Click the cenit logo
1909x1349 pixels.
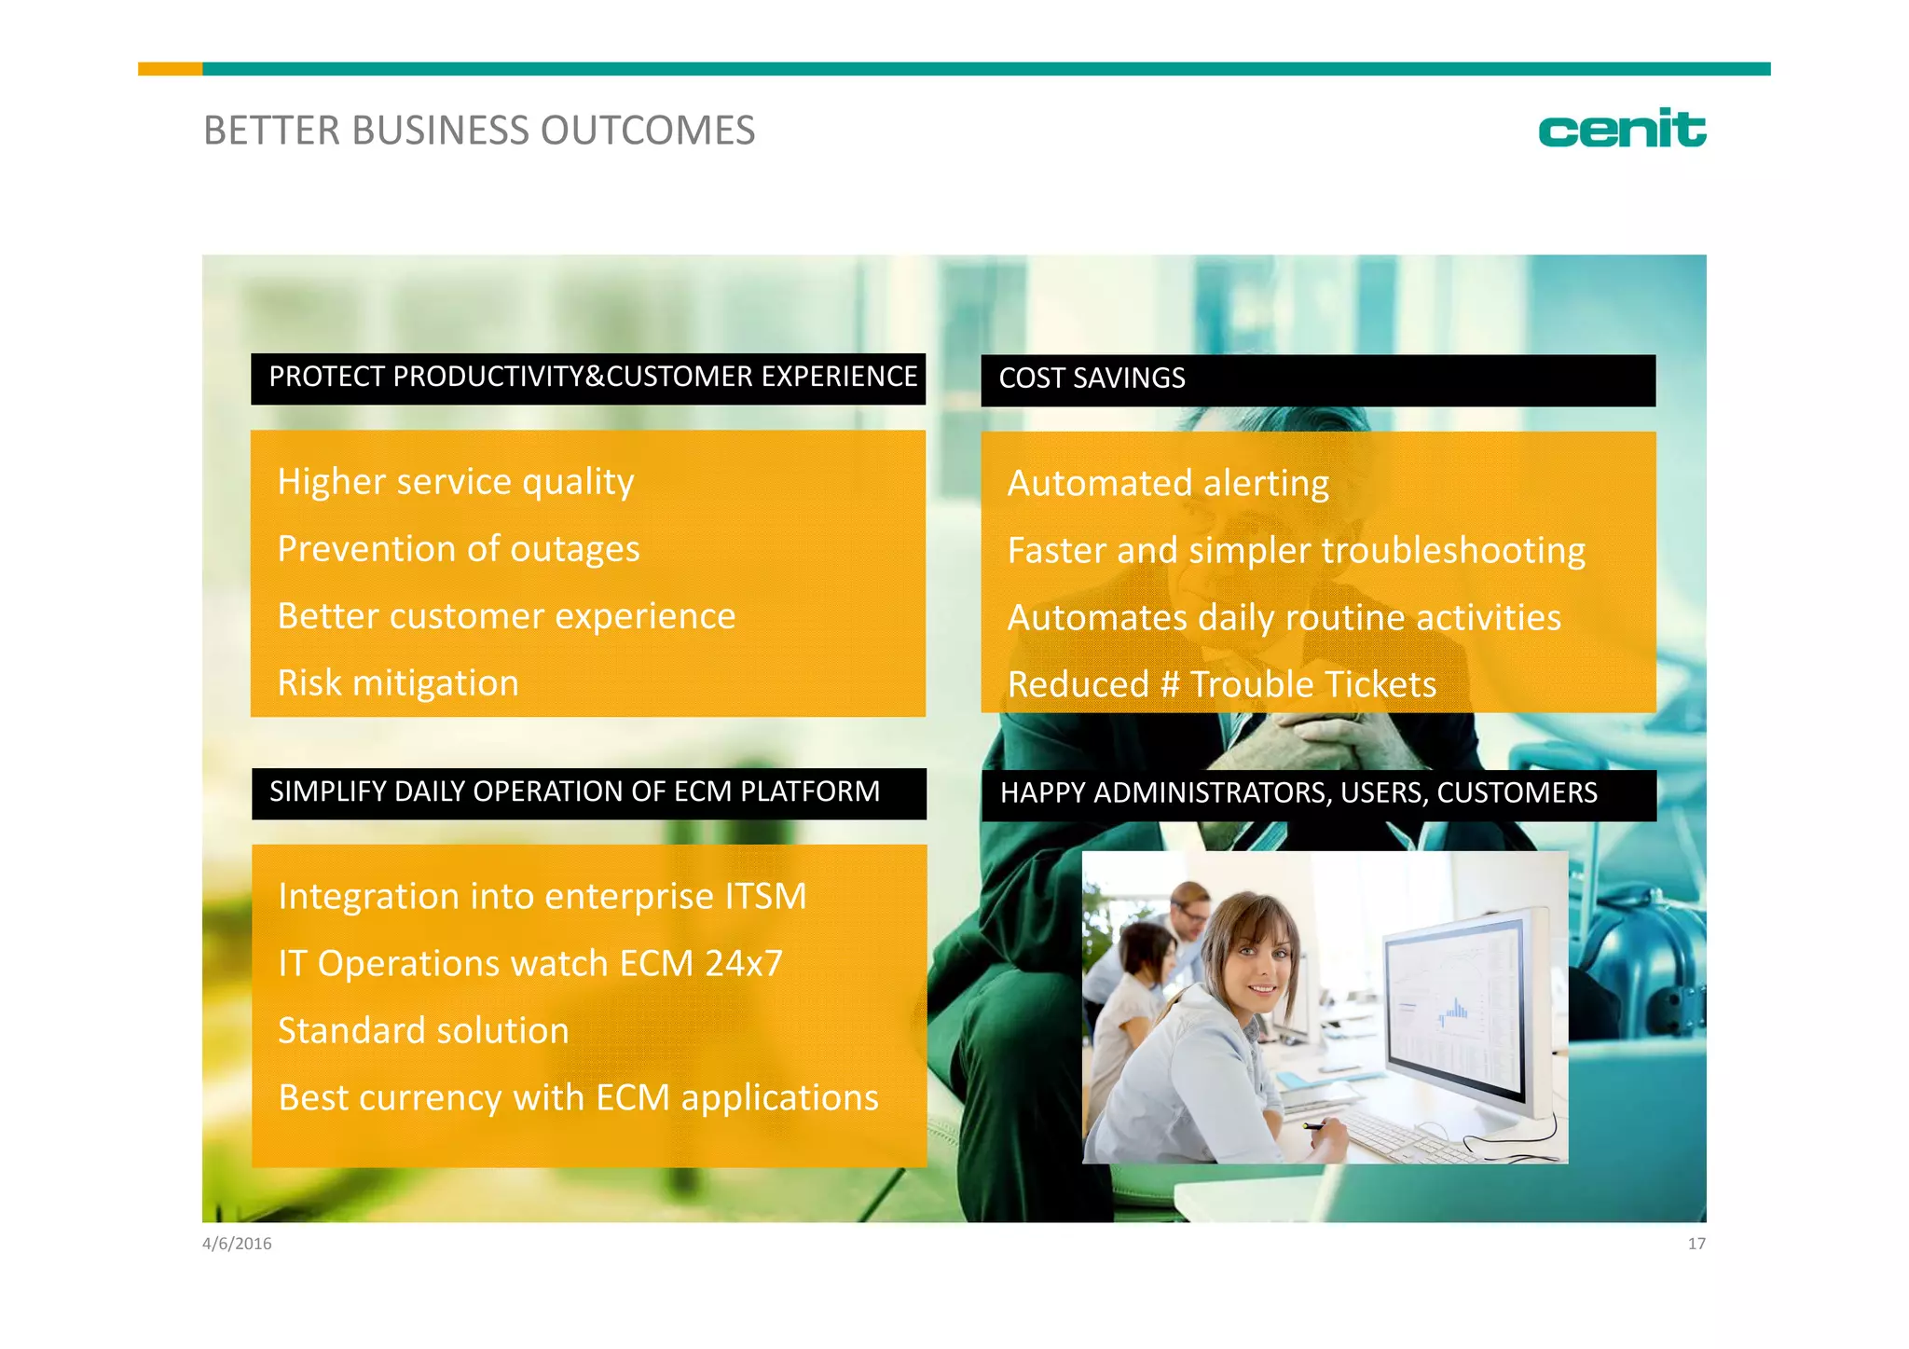pos(1621,129)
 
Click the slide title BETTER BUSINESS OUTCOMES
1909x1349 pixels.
pos(478,131)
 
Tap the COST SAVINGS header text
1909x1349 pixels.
pos(1092,379)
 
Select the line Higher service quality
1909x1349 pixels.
pos(455,482)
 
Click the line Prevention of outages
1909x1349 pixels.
pos(458,549)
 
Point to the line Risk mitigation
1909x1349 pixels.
pos(397,683)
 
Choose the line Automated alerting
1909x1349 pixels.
pos(1167,484)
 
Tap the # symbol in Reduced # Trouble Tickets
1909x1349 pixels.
pos(1170,685)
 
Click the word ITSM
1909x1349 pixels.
pos(764,897)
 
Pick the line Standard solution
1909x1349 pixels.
pos(422,1031)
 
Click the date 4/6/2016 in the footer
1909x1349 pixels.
pos(237,1244)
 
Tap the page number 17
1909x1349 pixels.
pos(1696,1244)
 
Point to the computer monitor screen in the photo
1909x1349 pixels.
pos(1454,1007)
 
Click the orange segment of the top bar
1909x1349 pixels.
pos(170,69)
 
